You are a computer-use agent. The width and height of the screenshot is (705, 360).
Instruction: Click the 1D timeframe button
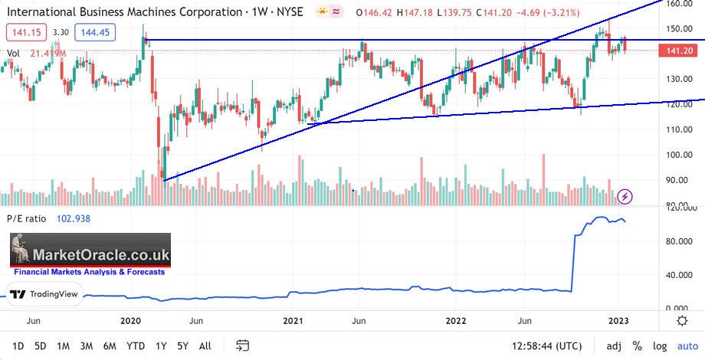pos(19,345)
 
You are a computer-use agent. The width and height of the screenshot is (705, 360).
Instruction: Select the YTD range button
pos(136,345)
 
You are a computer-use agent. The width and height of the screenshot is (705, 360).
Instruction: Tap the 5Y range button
pos(182,345)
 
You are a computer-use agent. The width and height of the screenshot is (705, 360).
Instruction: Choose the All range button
pos(205,345)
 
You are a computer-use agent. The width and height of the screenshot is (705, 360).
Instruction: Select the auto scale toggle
pos(688,345)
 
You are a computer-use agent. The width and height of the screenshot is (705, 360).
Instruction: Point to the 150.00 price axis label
pos(679,29)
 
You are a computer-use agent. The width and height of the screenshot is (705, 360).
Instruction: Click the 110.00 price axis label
pos(679,129)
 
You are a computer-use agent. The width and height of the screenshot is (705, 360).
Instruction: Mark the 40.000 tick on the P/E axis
pos(679,276)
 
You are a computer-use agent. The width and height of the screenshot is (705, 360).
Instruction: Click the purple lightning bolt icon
pos(625,196)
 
